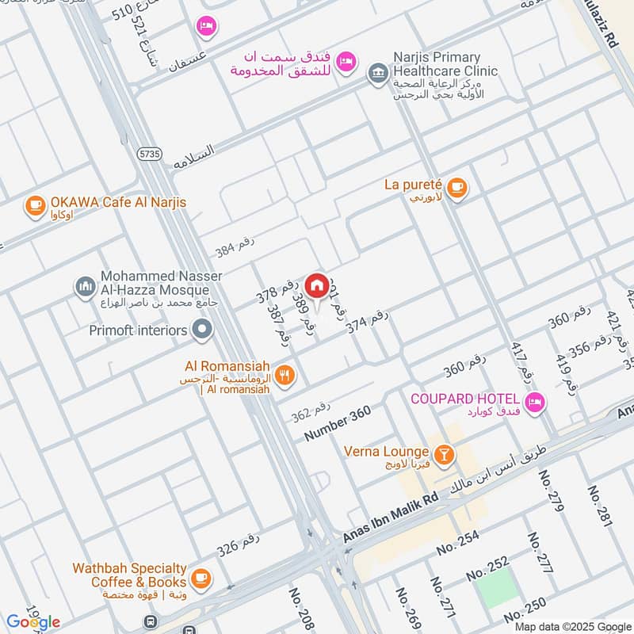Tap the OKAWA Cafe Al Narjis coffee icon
click(35, 205)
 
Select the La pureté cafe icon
click(456, 188)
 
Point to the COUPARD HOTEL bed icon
click(536, 402)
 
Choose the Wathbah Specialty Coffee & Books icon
click(201, 576)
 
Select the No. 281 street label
click(599, 506)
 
